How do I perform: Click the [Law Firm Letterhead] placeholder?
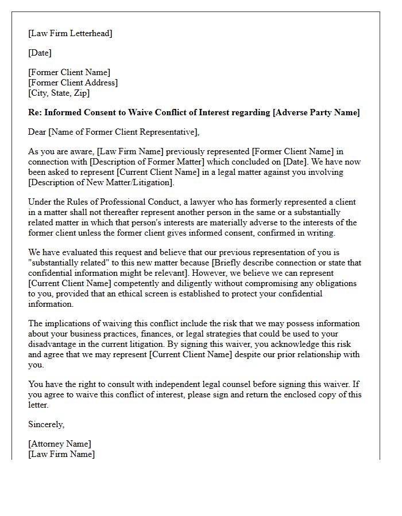coord(70,33)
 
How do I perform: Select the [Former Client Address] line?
coord(73,83)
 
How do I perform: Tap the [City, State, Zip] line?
coord(59,93)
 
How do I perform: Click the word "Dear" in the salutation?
coord(37,132)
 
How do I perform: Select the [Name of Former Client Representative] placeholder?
coord(123,132)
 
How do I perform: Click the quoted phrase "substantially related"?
coord(68,263)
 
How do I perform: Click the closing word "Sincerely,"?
coord(47,424)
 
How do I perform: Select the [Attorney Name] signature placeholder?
coord(60,444)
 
